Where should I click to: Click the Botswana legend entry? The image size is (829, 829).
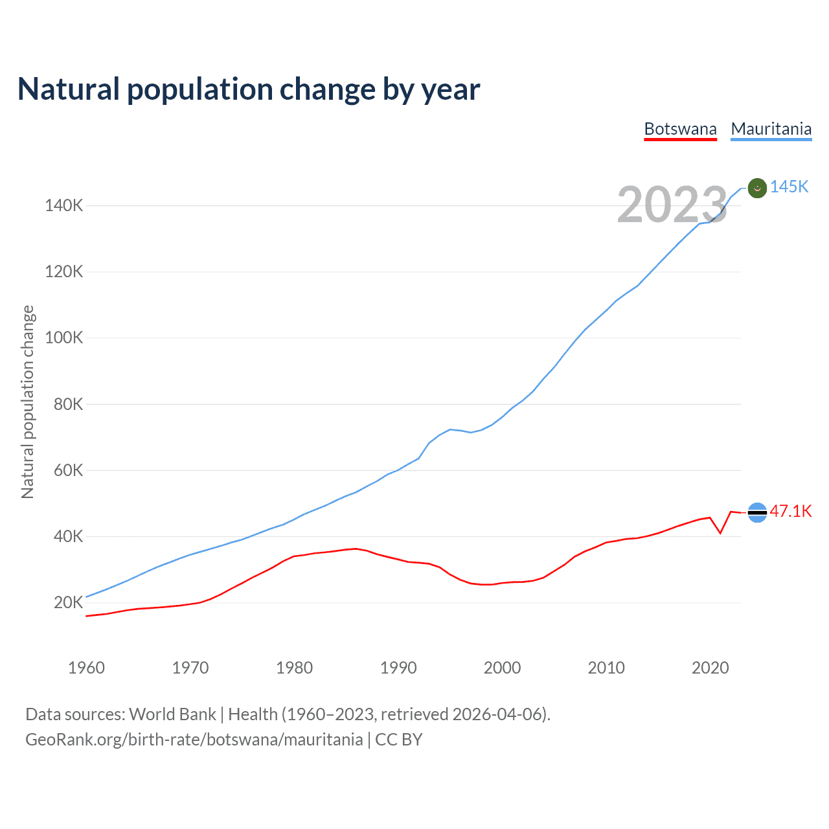click(x=680, y=129)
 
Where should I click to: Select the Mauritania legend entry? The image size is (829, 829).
click(x=771, y=129)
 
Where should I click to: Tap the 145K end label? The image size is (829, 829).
click(x=789, y=187)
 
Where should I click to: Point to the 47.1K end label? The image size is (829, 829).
click(x=790, y=511)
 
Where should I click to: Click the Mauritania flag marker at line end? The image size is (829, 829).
click(x=757, y=188)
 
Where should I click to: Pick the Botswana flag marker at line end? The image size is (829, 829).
click(x=757, y=512)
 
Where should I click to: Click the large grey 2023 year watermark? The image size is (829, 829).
click(x=672, y=205)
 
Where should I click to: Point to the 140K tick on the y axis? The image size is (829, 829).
click(x=63, y=206)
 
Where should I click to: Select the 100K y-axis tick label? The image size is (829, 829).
click(x=63, y=338)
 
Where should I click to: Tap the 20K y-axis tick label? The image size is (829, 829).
click(x=68, y=603)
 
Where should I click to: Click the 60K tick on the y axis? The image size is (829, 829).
click(x=68, y=470)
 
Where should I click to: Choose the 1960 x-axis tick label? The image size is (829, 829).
click(x=86, y=668)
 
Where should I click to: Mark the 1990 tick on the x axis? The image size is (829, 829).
click(x=398, y=668)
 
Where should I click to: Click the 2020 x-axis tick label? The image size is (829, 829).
click(x=710, y=668)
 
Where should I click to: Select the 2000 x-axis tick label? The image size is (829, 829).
click(x=502, y=668)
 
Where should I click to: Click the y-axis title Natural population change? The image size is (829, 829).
click(x=27, y=402)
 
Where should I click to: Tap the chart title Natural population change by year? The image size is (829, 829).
click(x=249, y=89)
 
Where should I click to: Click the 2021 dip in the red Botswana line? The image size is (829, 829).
click(x=720, y=533)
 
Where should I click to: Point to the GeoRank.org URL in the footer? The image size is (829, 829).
click(x=194, y=740)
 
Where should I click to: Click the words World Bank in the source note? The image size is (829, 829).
click(x=172, y=714)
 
